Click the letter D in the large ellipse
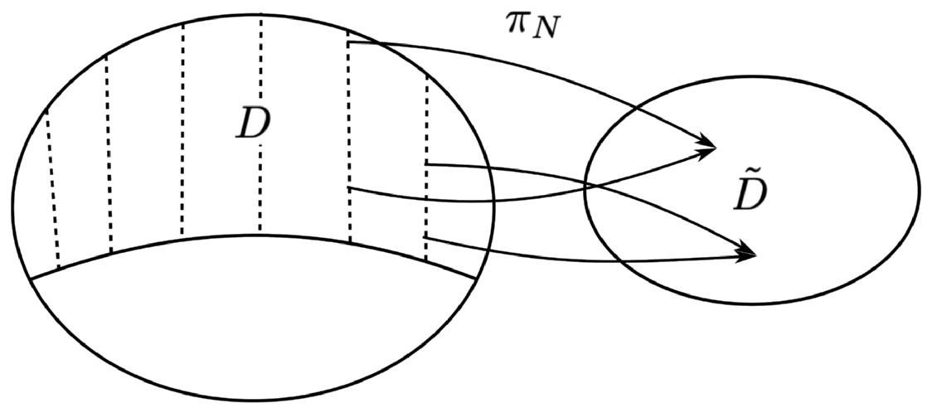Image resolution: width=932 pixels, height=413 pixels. point(253,124)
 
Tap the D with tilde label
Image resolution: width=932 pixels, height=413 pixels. point(750,196)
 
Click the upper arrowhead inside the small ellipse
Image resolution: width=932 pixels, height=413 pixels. point(709,147)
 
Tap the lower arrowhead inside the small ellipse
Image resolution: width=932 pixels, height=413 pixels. point(750,254)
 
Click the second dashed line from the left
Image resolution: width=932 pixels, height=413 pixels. point(109,153)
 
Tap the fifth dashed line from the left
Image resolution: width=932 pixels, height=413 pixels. point(349,141)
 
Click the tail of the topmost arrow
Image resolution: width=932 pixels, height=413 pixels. point(349,43)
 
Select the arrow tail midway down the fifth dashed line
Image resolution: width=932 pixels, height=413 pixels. point(349,188)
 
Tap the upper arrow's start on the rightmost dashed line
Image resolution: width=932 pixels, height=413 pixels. point(426,164)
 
